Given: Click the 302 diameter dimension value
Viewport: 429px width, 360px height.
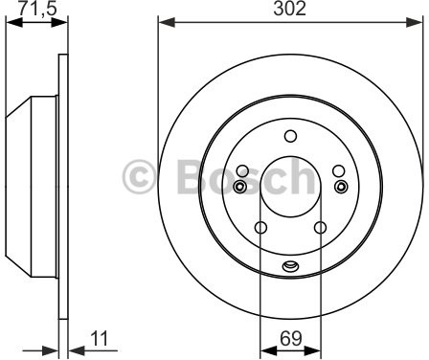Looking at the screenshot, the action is tap(290, 9).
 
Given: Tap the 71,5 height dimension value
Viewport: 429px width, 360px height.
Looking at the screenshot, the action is tap(37, 9).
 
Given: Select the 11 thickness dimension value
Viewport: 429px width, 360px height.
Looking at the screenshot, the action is tap(100, 338).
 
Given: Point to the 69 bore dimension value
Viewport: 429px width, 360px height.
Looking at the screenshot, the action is tap(291, 338).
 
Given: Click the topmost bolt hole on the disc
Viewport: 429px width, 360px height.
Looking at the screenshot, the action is tap(290, 136).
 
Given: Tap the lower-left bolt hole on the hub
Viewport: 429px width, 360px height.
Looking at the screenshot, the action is tap(261, 228).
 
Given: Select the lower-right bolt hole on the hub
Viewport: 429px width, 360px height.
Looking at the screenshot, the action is tap(320, 228).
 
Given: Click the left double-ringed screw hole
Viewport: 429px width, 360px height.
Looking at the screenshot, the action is tap(239, 187).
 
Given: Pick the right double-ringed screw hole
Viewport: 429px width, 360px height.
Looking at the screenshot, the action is tap(341, 187).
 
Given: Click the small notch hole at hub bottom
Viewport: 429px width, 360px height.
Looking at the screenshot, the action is tap(290, 266).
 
